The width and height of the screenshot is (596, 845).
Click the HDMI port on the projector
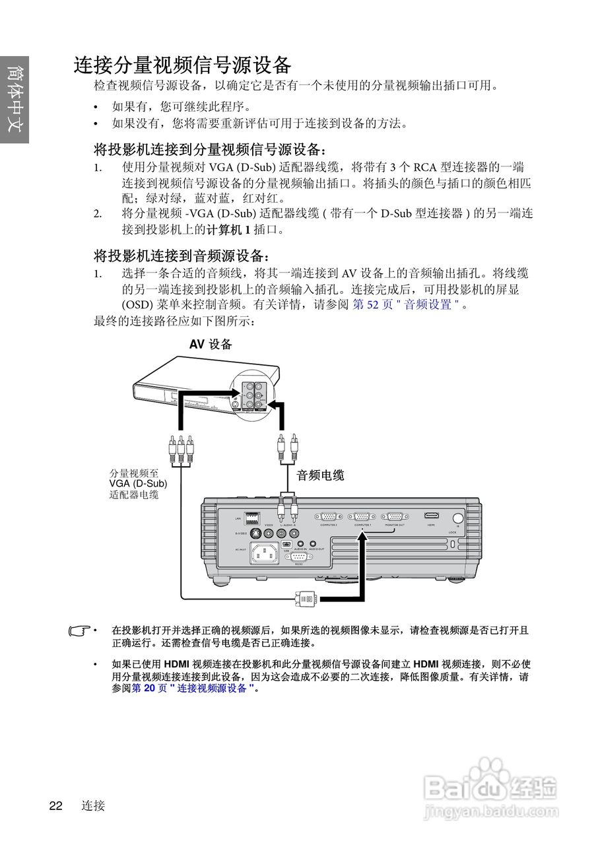tap(431, 516)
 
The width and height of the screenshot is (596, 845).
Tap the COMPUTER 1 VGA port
tap(361, 518)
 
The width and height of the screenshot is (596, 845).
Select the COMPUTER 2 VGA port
tap(328, 518)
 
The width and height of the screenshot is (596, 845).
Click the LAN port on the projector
tap(251, 518)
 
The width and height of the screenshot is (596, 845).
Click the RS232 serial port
tap(299, 557)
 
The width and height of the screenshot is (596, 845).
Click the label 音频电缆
tap(320, 475)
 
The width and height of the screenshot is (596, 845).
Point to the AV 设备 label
tap(211, 344)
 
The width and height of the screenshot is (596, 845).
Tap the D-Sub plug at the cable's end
tap(307, 598)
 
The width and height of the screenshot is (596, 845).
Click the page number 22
tap(55, 805)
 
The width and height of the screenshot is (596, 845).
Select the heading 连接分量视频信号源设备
tap(182, 65)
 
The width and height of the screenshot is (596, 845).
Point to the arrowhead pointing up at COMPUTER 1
tap(362, 537)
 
